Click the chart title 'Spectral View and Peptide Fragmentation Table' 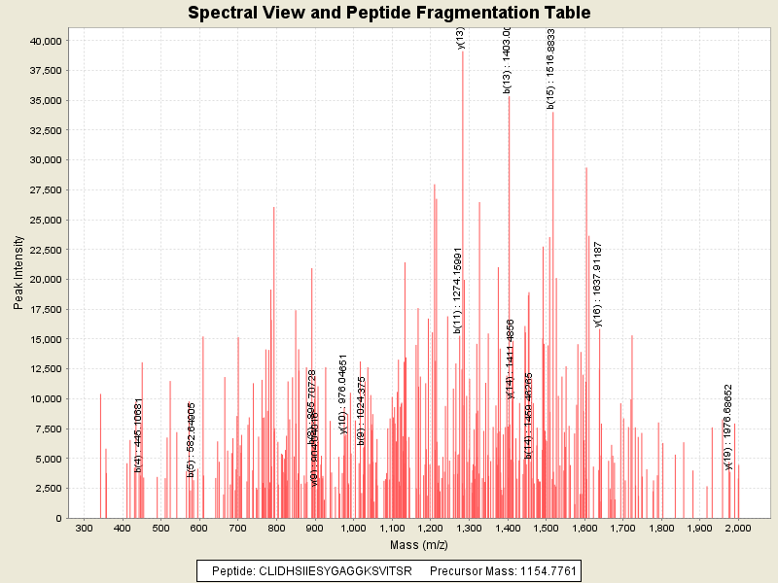click(x=389, y=13)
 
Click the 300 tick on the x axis click(x=84, y=529)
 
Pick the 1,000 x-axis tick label click(x=353, y=529)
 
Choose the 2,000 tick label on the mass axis click(x=738, y=529)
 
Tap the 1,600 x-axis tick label click(x=584, y=529)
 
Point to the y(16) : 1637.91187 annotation click(x=598, y=284)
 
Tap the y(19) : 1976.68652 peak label click(x=728, y=426)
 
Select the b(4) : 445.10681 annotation click(x=139, y=435)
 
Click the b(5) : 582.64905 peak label click(x=192, y=439)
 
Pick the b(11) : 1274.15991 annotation click(x=457, y=291)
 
